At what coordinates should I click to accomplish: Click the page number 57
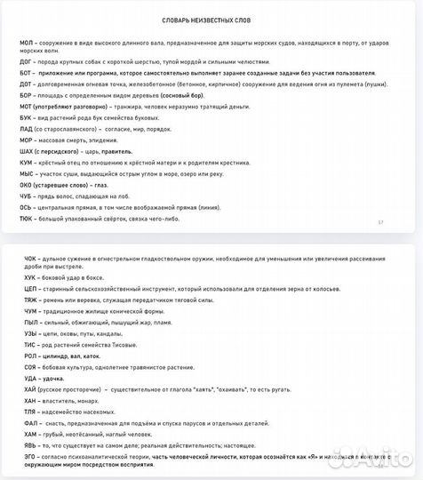pyautogui.click(x=381, y=222)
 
